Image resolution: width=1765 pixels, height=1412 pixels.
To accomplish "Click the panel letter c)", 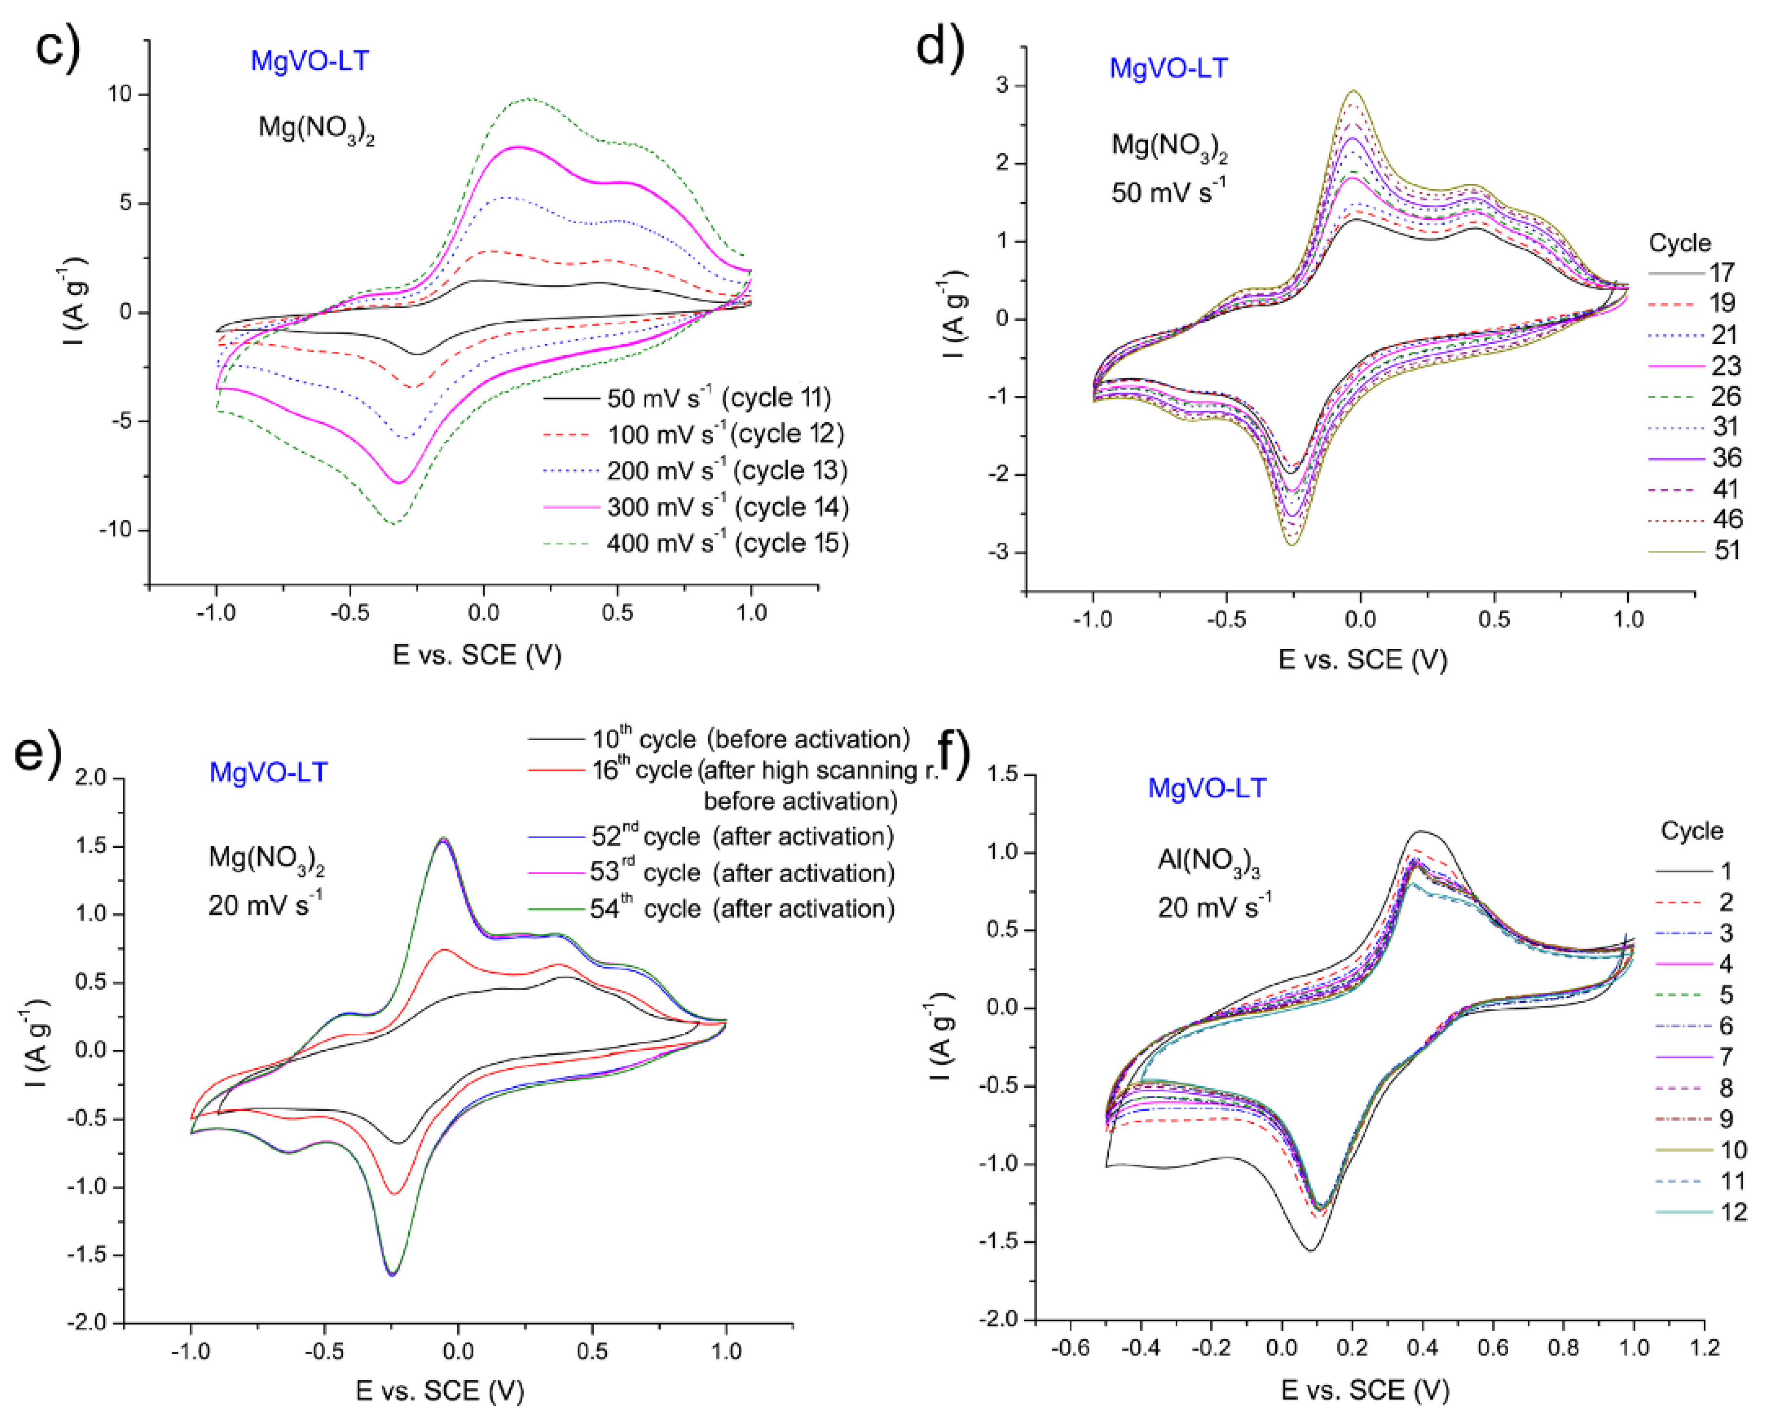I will pyautogui.click(x=57, y=47).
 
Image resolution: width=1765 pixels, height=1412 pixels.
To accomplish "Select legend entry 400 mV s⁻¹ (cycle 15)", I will pyautogui.click(x=727, y=544).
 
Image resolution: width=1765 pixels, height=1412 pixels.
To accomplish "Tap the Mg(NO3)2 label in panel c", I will pyautogui.click(x=316, y=129).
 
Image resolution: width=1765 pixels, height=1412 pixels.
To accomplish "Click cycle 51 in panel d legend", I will pyautogui.click(x=1727, y=550).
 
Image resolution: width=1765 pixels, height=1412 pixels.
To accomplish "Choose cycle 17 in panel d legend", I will pyautogui.click(x=1721, y=273).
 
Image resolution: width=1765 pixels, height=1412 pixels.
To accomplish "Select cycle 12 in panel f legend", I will pyautogui.click(x=1733, y=1212).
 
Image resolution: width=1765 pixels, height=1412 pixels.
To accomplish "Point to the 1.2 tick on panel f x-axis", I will pyautogui.click(x=1704, y=1347).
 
